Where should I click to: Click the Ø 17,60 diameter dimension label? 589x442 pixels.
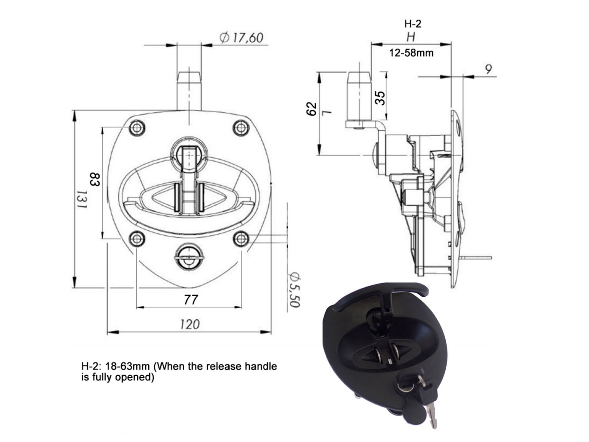242,38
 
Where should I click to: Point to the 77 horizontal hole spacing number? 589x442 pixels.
190,300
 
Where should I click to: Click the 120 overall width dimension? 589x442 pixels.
190,324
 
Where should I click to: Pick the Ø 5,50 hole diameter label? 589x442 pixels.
294,289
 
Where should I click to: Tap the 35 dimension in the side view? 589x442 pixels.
380,98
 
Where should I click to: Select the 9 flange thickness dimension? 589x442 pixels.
488,69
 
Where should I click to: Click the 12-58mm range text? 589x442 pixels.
411,53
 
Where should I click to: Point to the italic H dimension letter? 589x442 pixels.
411,37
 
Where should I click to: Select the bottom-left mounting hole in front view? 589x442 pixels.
137,239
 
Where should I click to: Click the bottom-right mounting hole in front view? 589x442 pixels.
240,239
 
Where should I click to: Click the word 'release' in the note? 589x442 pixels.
229,366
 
